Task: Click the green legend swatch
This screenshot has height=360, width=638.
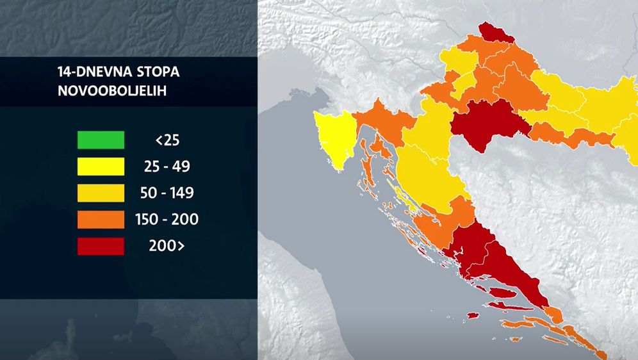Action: pos(101,140)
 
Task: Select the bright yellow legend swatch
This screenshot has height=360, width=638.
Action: pos(101,167)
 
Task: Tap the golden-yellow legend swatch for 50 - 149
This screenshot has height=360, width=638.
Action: pos(101,193)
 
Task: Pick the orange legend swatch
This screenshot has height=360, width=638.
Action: pos(101,220)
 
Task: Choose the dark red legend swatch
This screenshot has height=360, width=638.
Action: pos(101,247)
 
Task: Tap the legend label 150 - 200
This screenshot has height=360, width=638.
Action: pos(176,220)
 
